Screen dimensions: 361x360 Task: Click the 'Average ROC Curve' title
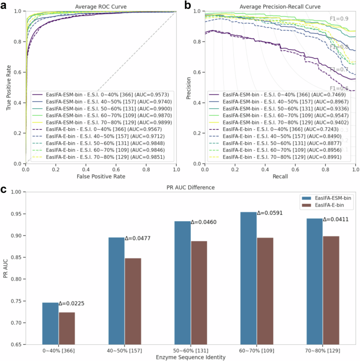pyautogui.click(x=101, y=6)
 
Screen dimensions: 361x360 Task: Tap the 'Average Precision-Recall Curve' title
pyautogui.click(x=280, y=6)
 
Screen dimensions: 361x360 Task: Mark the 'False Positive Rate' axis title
pyautogui.click(x=101, y=177)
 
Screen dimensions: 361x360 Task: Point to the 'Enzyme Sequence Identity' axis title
pyautogui.click(x=191, y=357)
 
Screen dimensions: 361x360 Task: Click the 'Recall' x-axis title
pyautogui.click(x=280, y=177)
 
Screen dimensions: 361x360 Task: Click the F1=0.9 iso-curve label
pyautogui.click(x=338, y=18)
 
